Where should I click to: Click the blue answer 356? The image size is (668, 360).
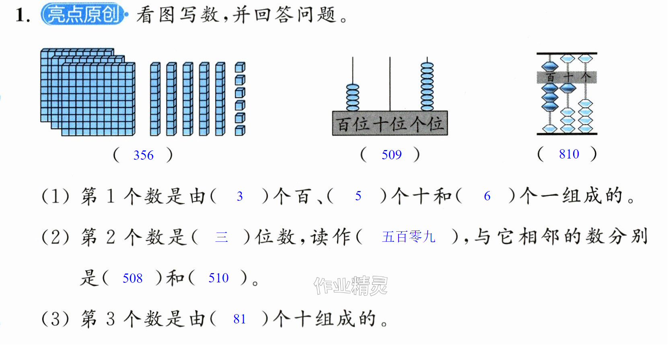pos(144,155)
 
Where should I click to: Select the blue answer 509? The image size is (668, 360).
pos(392,155)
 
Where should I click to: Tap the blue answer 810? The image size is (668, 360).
pos(569,154)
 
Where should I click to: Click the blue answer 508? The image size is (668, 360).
pos(133,278)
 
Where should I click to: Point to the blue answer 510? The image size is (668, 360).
pos(219,278)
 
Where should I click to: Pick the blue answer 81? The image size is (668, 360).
pos(239,319)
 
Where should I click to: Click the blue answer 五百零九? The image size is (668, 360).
pos(409,237)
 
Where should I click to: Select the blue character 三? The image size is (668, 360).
pos(222,237)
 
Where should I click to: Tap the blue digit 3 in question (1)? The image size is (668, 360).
pos(239,196)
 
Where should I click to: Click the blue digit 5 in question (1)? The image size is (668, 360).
pos(358,196)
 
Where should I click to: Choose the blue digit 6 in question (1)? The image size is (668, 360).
pos(487,196)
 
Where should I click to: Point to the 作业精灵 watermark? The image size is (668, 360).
pos(351,286)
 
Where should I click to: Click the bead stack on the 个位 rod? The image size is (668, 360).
pos(427,86)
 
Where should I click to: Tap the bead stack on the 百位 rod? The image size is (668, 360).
pos(352,97)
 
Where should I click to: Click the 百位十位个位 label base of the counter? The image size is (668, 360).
pos(390,123)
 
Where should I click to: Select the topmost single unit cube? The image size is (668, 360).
pos(240,68)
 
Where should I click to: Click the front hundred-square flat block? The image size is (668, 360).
pos(98,99)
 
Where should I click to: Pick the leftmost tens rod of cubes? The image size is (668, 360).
pos(155,99)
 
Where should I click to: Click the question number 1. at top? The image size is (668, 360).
pos(23,15)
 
